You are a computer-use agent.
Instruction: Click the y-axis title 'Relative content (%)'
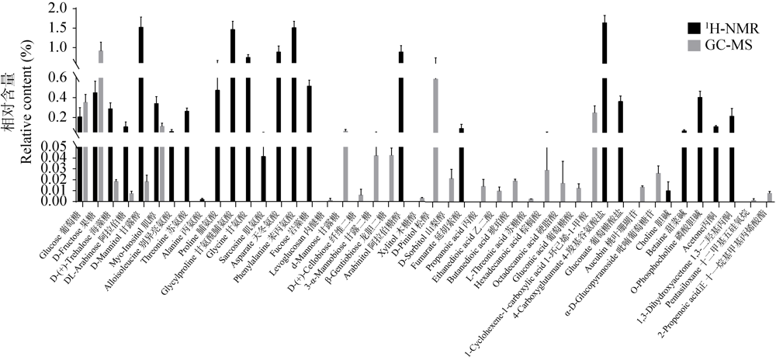(28, 101)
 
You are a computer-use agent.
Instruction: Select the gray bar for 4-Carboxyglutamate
(594, 155)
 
